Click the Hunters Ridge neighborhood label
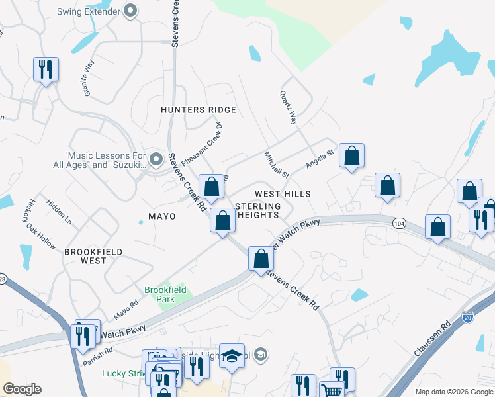(199, 110)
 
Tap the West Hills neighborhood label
(283, 193)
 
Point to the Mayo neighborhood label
(161, 216)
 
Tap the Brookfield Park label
(166, 294)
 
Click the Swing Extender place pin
(131, 10)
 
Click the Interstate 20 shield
(468, 317)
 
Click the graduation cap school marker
(232, 356)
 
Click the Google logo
(22, 389)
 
